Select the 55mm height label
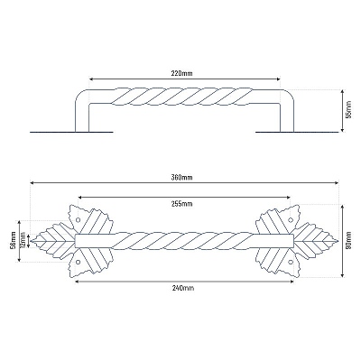[x=348, y=111]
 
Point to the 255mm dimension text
[x=184, y=204]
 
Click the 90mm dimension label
[x=348, y=240]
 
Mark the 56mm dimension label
[x=13, y=241]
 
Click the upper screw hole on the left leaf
[x=78, y=220]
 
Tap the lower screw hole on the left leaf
[x=78, y=262]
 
